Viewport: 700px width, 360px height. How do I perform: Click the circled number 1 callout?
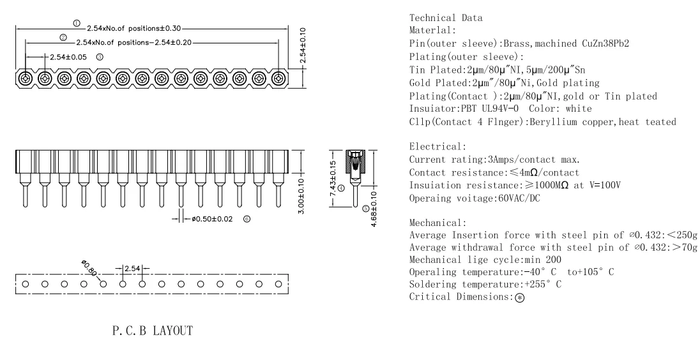coord(77,23)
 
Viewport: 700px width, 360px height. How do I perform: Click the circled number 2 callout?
coord(63,38)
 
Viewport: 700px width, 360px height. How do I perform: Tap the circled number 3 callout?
coord(100,57)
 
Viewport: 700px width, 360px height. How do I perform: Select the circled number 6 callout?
coord(247,218)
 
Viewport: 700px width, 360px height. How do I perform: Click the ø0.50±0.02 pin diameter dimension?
coord(212,219)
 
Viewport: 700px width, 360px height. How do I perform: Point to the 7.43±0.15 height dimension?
coord(333,179)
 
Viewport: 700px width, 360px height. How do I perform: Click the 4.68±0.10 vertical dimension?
coord(374,208)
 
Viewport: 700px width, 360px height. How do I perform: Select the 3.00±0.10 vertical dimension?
coord(301,196)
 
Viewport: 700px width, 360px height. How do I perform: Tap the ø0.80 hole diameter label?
coord(89,267)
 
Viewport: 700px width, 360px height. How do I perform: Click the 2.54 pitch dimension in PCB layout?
coord(133,269)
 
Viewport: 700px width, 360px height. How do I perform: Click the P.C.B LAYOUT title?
coord(153,331)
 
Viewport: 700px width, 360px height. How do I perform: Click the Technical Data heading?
coord(446,18)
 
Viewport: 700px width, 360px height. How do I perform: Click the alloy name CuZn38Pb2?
coord(605,43)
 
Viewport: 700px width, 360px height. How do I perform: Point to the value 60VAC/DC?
coord(519,198)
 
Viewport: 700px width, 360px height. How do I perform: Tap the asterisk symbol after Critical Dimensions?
coord(520,297)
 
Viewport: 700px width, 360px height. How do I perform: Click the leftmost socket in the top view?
coord(26,79)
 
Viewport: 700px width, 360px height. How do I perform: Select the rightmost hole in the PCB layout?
coord(278,283)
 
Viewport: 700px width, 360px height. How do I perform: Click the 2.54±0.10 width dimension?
coord(303,45)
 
